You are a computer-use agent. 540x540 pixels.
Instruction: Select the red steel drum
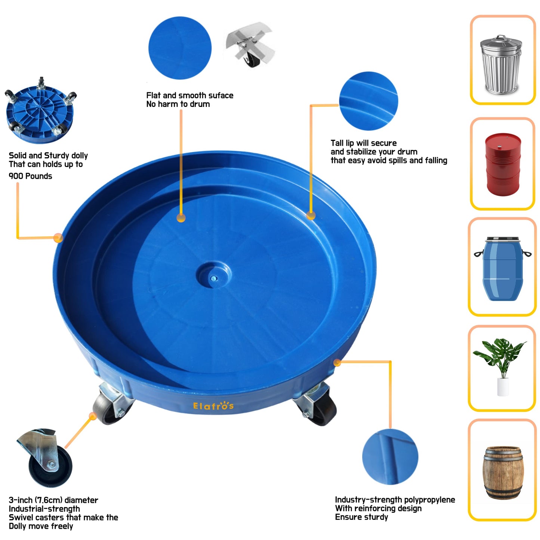click(x=503, y=164)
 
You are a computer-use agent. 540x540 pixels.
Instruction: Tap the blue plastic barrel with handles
click(x=502, y=268)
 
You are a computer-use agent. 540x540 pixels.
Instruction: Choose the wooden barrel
click(x=503, y=472)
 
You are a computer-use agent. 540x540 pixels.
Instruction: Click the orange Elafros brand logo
click(x=213, y=406)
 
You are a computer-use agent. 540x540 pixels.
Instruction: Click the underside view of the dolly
click(x=40, y=111)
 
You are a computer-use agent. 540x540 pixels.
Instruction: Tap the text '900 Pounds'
click(x=30, y=176)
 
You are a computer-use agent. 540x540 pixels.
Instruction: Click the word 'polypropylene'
click(x=429, y=500)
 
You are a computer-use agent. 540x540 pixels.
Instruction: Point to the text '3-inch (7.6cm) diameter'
click(x=53, y=500)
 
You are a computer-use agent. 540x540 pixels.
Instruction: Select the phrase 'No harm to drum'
click(x=178, y=104)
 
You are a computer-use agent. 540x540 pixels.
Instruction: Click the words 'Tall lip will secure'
click(x=364, y=143)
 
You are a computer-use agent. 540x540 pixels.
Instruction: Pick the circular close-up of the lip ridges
click(x=368, y=101)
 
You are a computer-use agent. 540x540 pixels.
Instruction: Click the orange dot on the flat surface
click(x=181, y=218)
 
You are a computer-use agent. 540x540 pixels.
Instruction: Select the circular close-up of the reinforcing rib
click(x=390, y=457)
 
